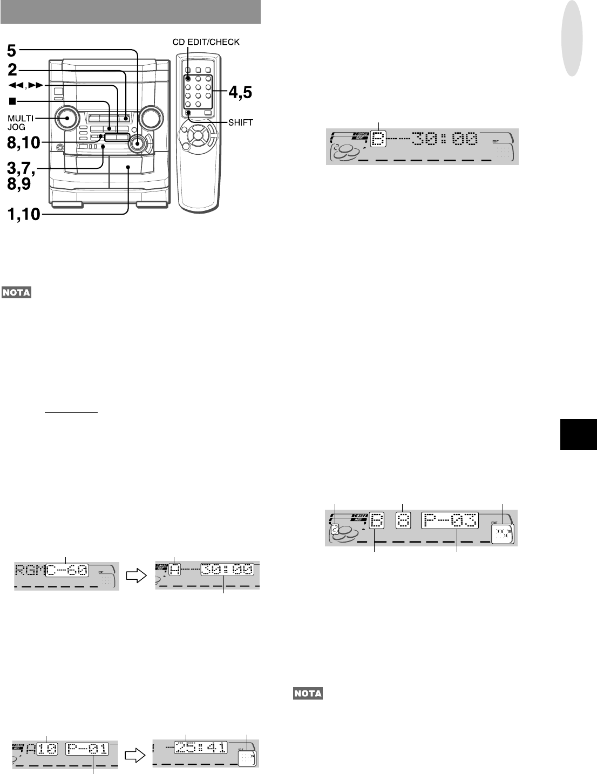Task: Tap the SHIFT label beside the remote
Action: (241, 122)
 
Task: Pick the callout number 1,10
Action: (23, 215)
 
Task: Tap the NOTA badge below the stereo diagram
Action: (17, 293)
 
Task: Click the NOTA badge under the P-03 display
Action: (307, 693)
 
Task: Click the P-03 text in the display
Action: (449, 521)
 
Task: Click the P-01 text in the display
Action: (87, 749)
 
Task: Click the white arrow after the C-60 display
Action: (136, 575)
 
